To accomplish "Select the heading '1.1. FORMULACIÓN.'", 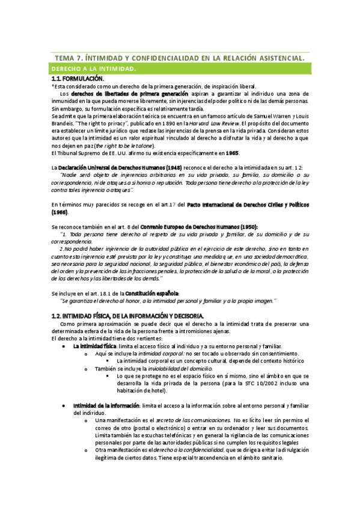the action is [x=78, y=79].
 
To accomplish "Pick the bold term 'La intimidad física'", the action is [x=94, y=347].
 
